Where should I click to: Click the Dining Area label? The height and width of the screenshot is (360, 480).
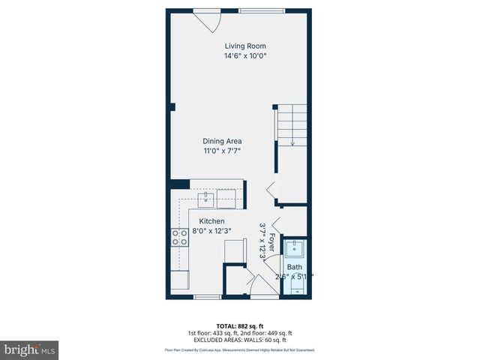pyautogui.click(x=222, y=141)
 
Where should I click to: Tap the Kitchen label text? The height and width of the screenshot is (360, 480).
pyautogui.click(x=212, y=221)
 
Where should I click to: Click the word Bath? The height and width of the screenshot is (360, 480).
pyautogui.click(x=294, y=267)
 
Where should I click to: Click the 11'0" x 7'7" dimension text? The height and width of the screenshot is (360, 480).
pyautogui.click(x=222, y=151)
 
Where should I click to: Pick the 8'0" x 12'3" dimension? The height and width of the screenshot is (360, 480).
pyautogui.click(x=212, y=231)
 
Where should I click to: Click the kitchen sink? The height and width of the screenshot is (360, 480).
pyautogui.click(x=205, y=199)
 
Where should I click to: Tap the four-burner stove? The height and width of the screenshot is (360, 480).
pyautogui.click(x=180, y=238)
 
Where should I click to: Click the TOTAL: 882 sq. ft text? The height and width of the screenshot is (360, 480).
pyautogui.click(x=239, y=325)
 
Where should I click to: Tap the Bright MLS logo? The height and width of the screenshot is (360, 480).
pyautogui.click(x=30, y=349)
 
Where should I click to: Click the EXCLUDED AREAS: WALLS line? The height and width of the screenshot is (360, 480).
pyautogui.click(x=239, y=340)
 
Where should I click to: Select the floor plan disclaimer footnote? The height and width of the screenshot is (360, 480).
pyautogui.click(x=239, y=350)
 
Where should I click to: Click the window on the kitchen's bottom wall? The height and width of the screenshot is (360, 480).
pyautogui.click(x=206, y=298)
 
